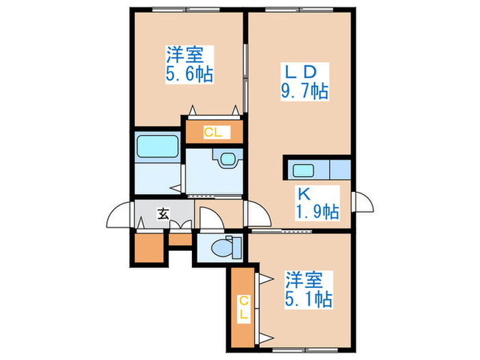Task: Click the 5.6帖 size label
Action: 188,73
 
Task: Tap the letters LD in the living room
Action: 300,71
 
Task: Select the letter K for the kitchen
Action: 302,193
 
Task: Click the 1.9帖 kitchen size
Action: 316,212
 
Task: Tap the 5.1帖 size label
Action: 309,299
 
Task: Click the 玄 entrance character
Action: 163,213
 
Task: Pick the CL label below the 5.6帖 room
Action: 212,132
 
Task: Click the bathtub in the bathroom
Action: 158,147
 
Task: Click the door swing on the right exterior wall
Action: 361,204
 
